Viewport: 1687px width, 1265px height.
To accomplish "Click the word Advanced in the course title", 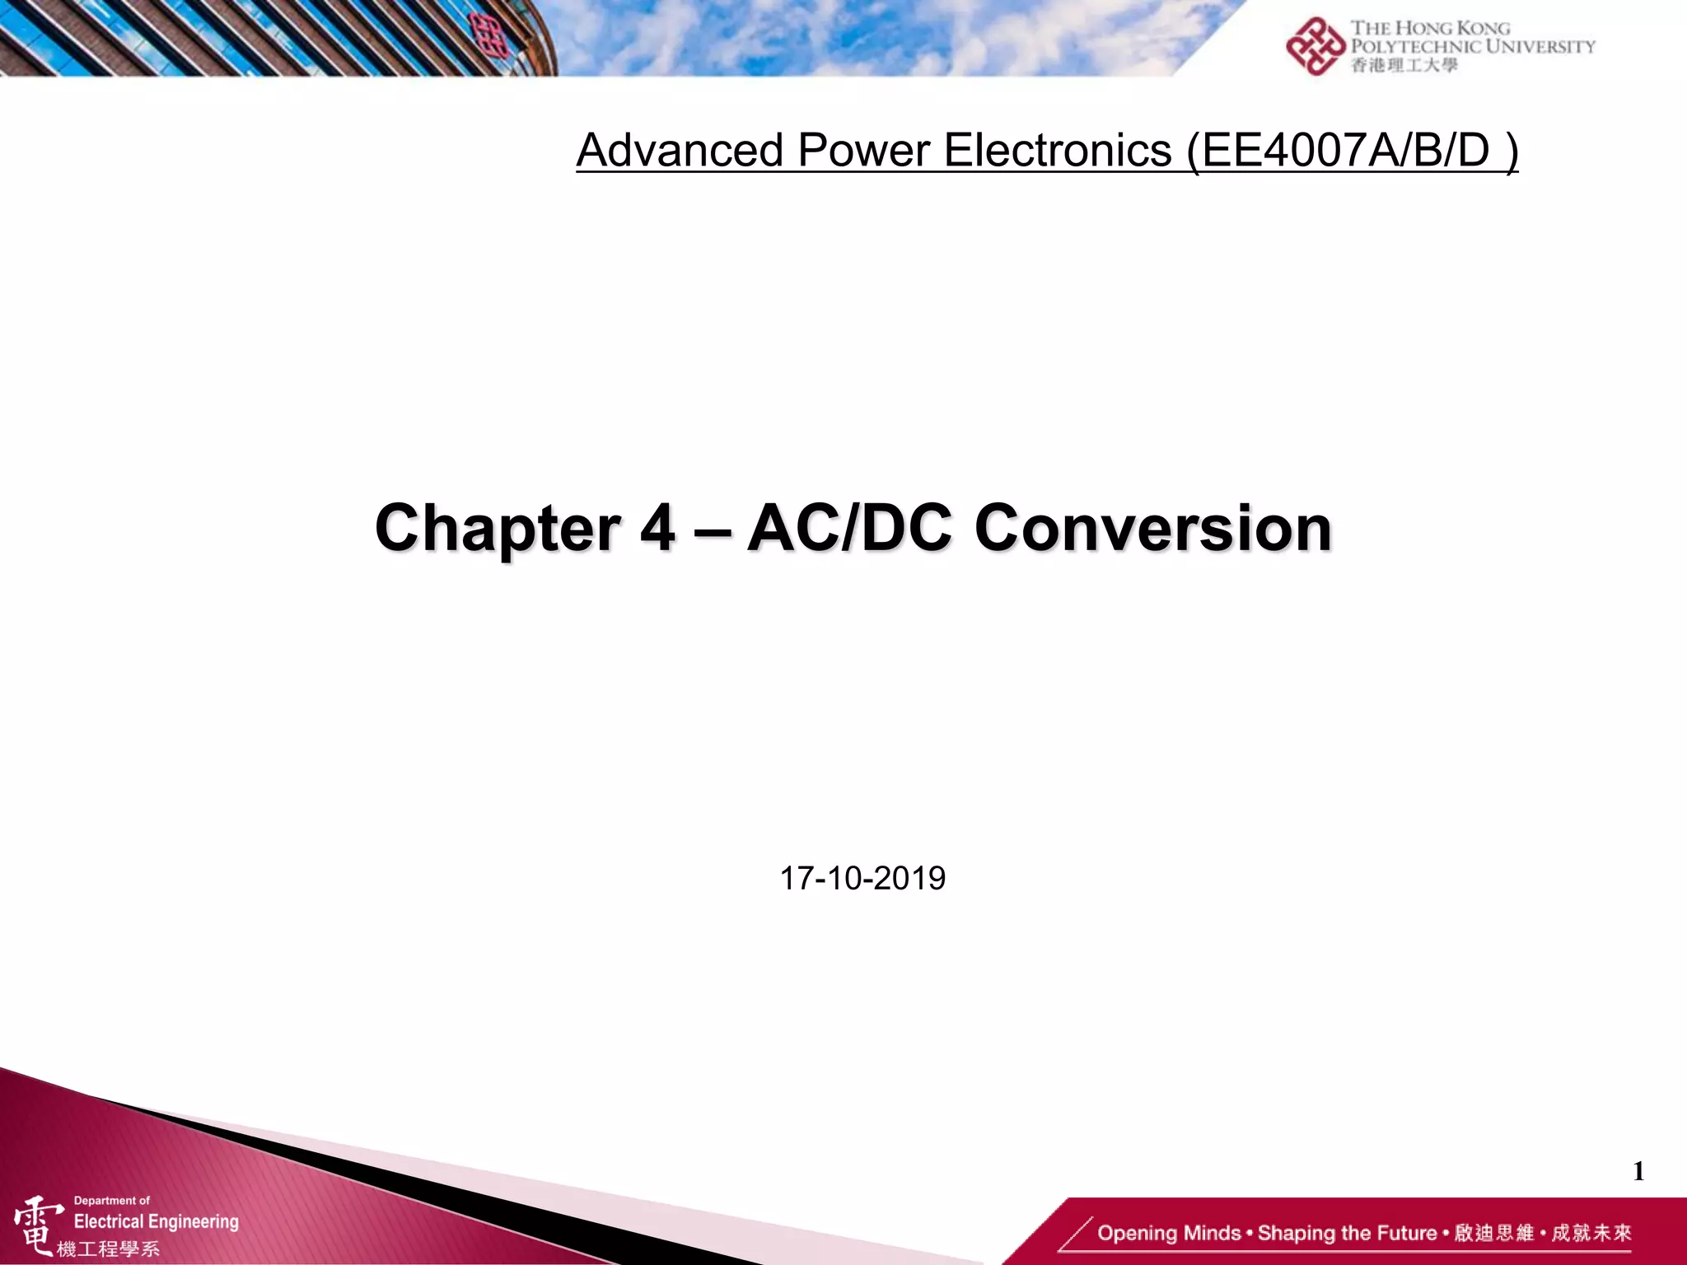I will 680,151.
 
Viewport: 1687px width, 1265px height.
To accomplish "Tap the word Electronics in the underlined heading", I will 1058,151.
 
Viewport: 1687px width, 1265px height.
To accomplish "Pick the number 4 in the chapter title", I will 657,528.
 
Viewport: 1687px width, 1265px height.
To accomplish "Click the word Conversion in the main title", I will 1153,528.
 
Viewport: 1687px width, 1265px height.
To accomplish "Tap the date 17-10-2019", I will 862,879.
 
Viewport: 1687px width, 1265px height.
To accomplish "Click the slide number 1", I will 1638,1171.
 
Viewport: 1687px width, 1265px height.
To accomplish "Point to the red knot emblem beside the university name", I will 1315,46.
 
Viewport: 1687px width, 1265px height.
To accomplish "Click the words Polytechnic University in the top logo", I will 1473,46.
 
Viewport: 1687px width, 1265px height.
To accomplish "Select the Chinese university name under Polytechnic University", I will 1404,65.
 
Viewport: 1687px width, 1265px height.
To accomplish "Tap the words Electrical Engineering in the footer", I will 156,1221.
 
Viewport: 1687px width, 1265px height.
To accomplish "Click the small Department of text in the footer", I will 112,1201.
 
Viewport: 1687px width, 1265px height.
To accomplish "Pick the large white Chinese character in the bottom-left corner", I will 37,1225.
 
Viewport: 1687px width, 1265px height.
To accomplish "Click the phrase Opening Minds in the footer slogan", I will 1168,1233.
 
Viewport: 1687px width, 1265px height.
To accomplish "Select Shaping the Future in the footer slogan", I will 1347,1233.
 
